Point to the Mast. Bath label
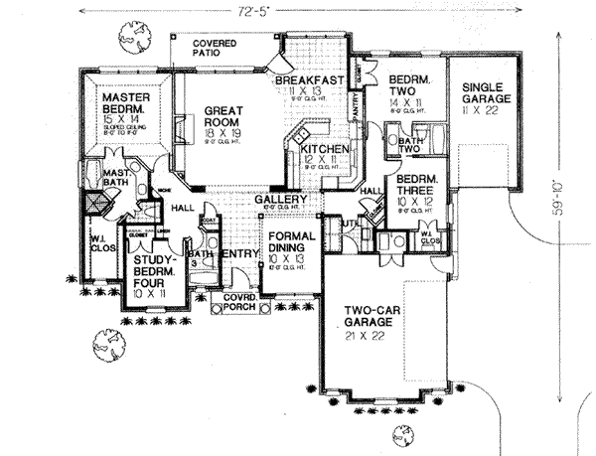118,177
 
